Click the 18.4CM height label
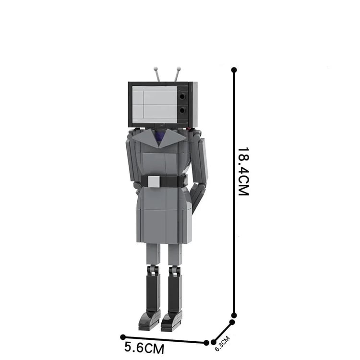[x=243, y=171]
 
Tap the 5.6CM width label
[x=144, y=348]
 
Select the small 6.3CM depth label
[x=222, y=344]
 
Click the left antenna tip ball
[x=156, y=68]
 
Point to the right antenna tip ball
[x=179, y=68]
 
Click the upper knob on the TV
[x=182, y=96]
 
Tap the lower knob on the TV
[x=182, y=111]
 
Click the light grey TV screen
[x=155, y=105]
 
